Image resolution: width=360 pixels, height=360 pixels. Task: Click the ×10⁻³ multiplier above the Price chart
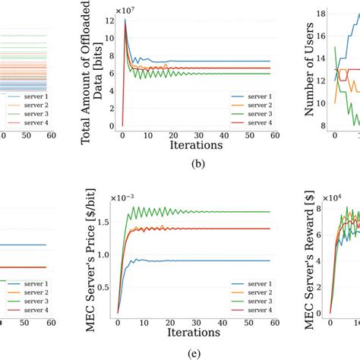point(128,197)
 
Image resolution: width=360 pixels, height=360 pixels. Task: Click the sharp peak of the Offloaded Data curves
point(125,20)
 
